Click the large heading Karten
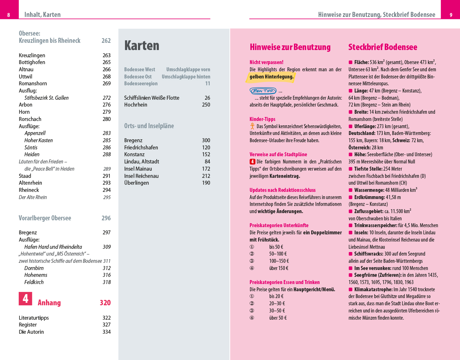(142, 46)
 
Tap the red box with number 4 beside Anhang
(26, 299)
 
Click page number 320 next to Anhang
(105, 303)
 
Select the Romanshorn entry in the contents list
(33, 84)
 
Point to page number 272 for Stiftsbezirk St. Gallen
(107, 98)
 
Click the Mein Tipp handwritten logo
(263, 91)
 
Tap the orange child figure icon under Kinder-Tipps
(253, 126)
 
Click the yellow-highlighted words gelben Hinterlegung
(272, 77)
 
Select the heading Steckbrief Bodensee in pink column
(383, 47)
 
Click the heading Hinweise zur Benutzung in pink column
(290, 47)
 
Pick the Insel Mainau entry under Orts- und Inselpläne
(138, 169)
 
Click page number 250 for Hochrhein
(206, 105)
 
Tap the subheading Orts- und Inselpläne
(149, 126)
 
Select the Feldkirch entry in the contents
(34, 282)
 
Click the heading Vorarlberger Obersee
(45, 218)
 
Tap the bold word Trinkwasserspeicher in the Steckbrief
(376, 225)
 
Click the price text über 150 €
(279, 268)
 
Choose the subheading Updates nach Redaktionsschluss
(282, 190)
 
